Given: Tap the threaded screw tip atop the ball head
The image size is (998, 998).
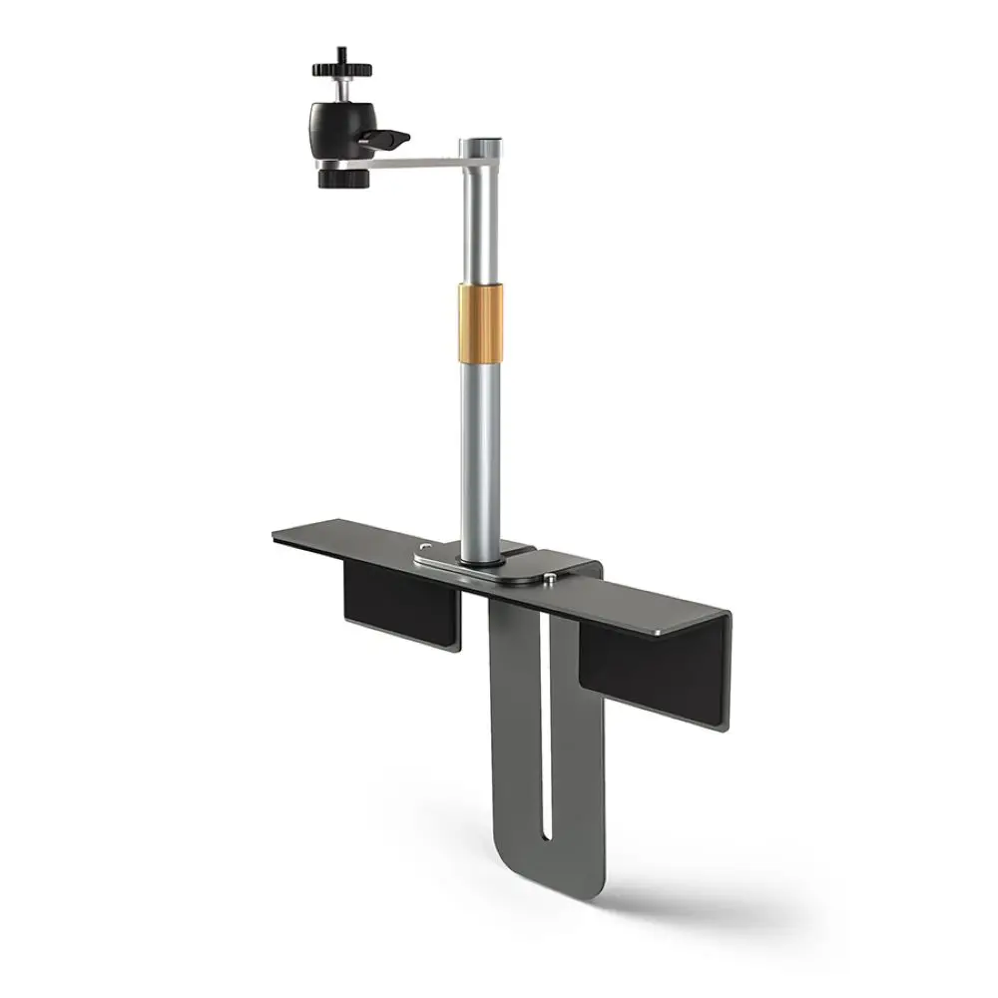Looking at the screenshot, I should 341,51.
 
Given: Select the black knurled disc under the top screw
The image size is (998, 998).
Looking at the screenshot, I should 341,69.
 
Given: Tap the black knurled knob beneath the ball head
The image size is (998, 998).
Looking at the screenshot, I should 343,178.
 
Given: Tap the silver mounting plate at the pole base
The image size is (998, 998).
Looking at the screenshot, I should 499,565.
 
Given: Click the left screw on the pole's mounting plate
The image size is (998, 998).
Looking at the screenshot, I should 426,547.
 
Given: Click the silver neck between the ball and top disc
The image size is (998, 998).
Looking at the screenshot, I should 341,89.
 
